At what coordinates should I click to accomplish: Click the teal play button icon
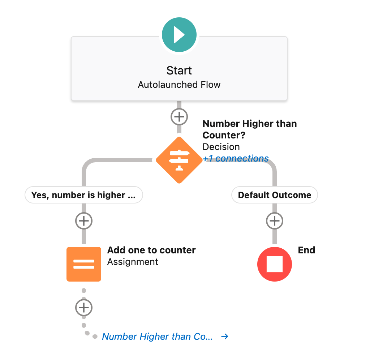coord(179,35)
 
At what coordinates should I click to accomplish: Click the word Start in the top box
coord(179,70)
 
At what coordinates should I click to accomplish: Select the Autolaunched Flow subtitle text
coord(179,85)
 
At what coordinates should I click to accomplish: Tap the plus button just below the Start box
coord(179,117)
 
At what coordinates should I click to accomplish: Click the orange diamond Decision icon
coord(179,159)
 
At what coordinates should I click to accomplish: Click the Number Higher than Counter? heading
coord(249,129)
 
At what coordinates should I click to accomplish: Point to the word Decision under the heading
coord(221,147)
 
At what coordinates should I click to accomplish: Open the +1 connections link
coord(236,158)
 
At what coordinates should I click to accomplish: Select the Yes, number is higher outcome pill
coord(83,195)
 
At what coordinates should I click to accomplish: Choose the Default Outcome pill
coord(274,195)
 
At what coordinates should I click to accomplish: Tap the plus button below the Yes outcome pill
coord(84,220)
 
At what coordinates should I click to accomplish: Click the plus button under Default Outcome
coord(275,220)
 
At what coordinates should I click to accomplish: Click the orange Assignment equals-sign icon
coord(84,264)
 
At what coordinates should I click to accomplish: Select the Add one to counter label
coord(151,250)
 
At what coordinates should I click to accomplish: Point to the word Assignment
coord(133,262)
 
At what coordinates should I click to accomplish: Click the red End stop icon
coord(275,264)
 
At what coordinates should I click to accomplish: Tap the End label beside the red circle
coord(306,250)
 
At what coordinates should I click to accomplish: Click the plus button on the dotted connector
coord(84,308)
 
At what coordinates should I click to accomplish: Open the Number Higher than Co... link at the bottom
coord(157,337)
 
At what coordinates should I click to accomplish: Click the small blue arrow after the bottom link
coord(225,337)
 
